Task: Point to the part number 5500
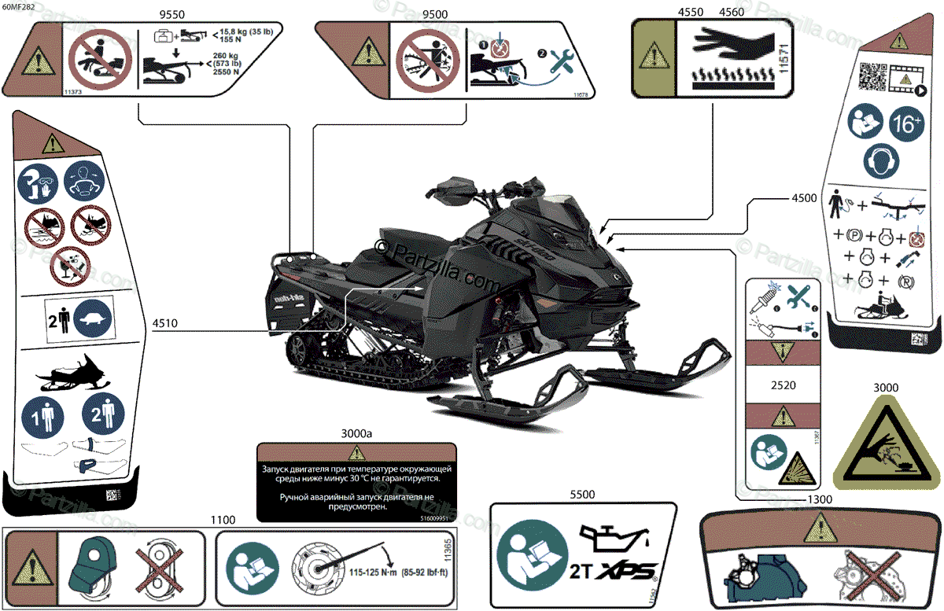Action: click(584, 494)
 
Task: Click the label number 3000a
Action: click(357, 433)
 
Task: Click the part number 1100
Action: click(223, 520)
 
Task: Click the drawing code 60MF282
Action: click(19, 6)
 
